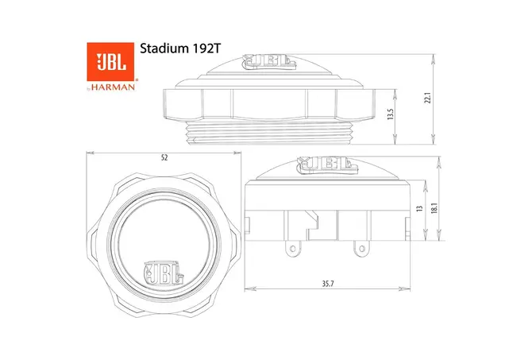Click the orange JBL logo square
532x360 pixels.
click(x=110, y=61)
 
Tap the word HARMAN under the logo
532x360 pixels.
click(x=113, y=87)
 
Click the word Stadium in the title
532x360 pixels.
click(x=162, y=48)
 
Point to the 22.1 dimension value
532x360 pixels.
click(x=428, y=99)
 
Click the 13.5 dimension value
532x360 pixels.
click(x=391, y=114)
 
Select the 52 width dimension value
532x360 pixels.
click(x=164, y=158)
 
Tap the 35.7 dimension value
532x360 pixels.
click(x=328, y=284)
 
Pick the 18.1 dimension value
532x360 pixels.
click(x=434, y=208)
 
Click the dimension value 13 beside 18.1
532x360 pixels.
click(x=420, y=208)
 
